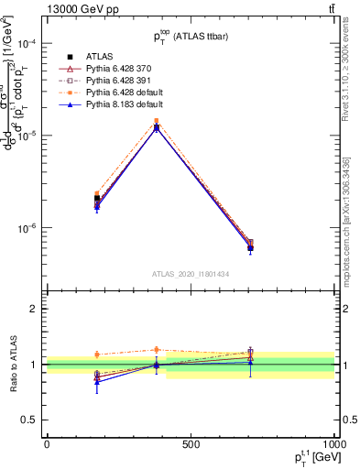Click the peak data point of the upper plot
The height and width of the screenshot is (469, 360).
click(x=157, y=127)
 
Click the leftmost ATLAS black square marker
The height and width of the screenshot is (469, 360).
click(x=97, y=198)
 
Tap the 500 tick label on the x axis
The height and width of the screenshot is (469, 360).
click(x=191, y=444)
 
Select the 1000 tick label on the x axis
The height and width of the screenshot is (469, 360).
click(x=333, y=444)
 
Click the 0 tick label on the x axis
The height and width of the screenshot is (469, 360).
click(x=47, y=444)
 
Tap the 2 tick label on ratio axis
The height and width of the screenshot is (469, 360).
click(x=35, y=309)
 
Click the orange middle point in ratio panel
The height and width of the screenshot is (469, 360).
click(x=157, y=349)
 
